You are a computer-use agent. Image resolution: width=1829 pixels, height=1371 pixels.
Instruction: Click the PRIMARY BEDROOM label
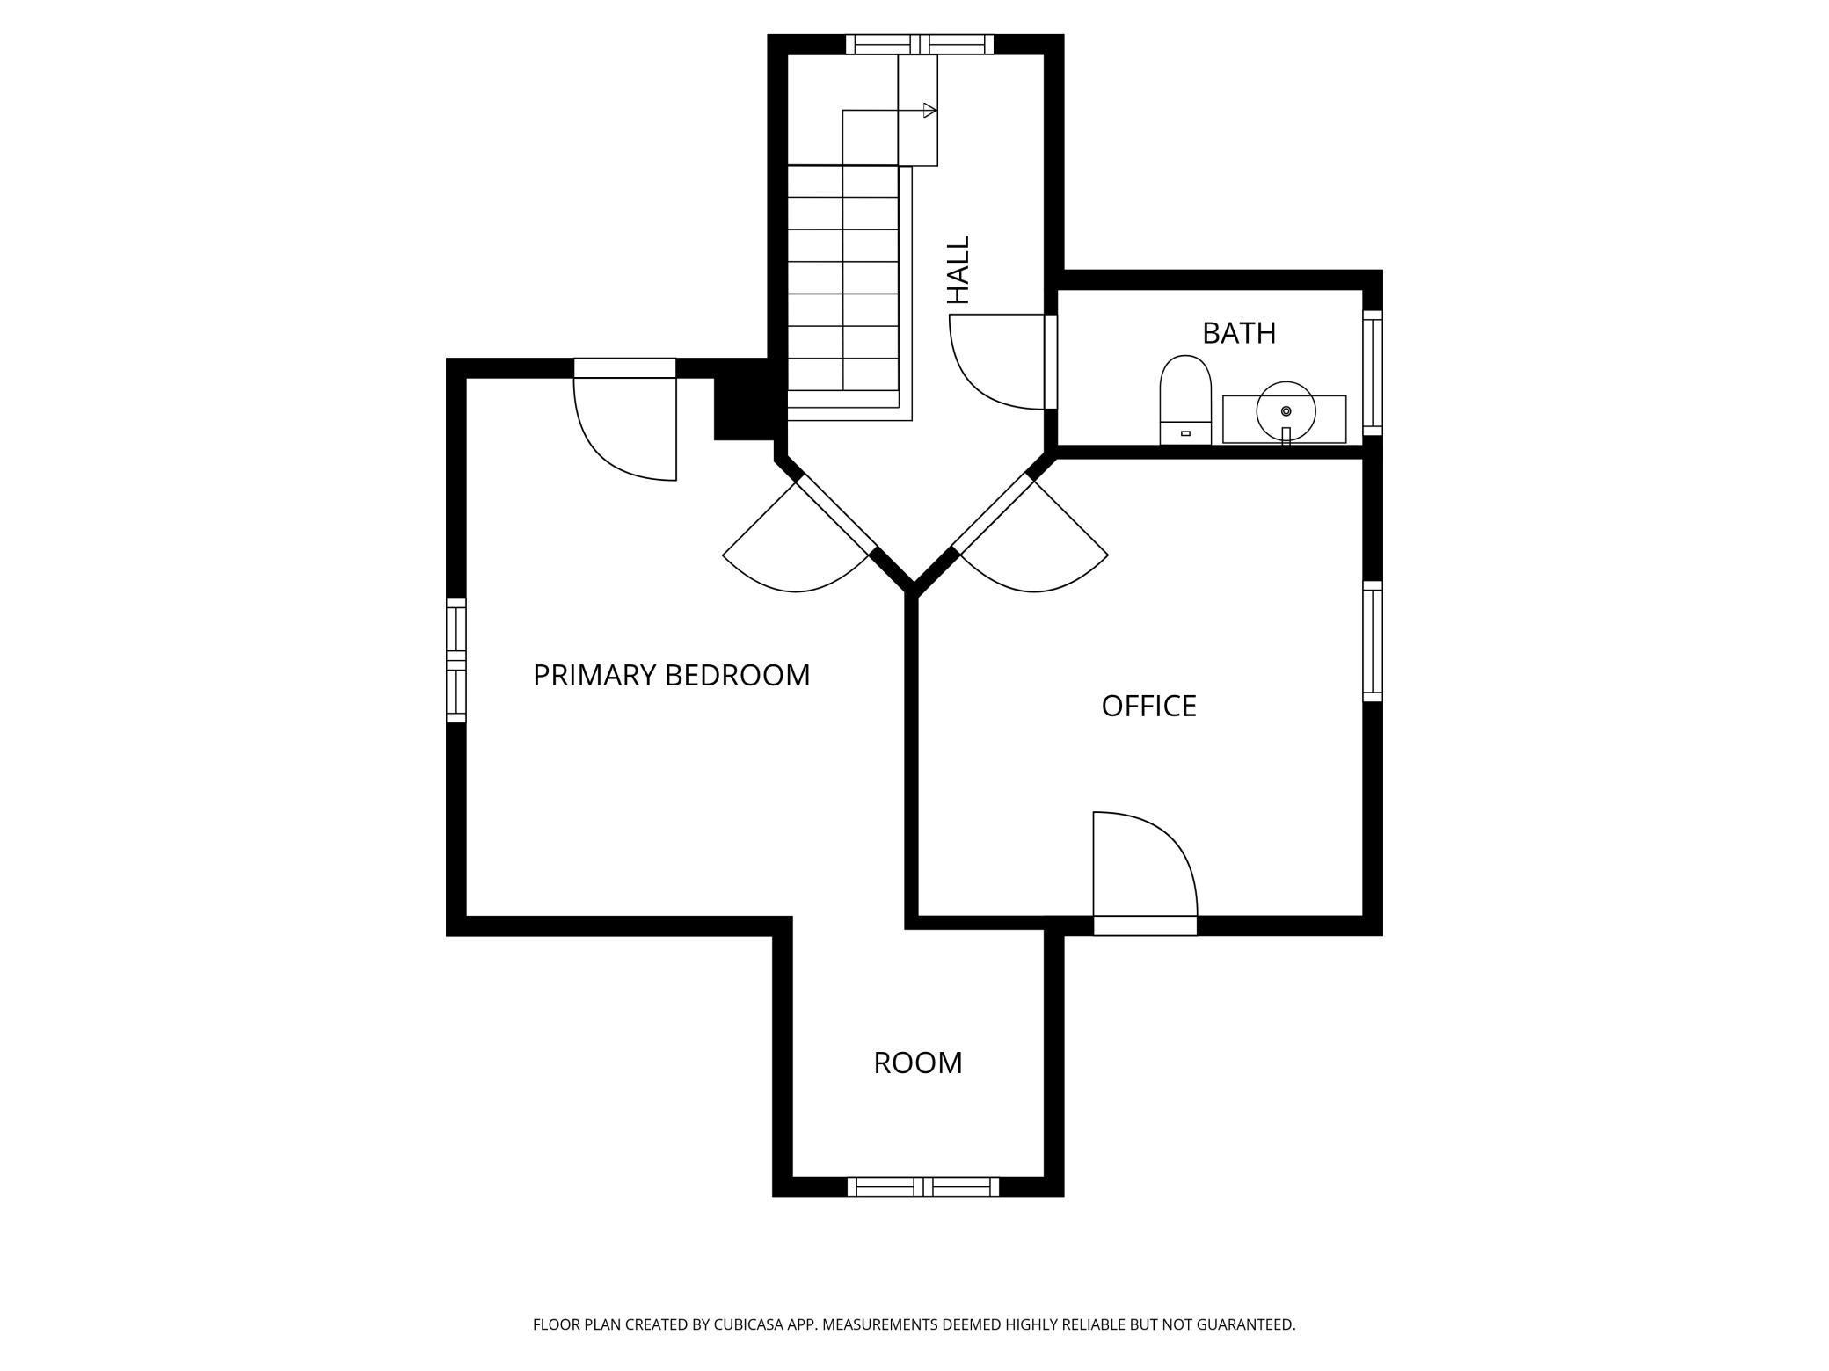[x=671, y=675]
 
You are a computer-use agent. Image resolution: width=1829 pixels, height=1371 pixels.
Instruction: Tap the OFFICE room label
[x=1148, y=706]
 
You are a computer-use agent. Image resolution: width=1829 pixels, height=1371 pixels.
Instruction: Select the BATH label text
[x=1238, y=333]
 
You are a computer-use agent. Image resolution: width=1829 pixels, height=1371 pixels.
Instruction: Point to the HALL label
[x=958, y=270]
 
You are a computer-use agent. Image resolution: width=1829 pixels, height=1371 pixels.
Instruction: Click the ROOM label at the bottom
[x=917, y=1063]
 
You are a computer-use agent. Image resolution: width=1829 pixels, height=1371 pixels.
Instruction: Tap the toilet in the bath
[x=1185, y=400]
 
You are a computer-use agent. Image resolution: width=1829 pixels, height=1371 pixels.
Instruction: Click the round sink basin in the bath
[x=1286, y=410]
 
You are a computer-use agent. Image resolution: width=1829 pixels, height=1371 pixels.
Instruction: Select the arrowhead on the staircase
[x=929, y=111]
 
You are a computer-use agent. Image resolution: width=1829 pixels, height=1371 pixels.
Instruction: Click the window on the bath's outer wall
[x=1372, y=373]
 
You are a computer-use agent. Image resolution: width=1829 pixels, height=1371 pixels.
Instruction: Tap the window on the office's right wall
[x=1372, y=641]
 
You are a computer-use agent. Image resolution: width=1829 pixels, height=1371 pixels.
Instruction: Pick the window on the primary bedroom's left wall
[x=455, y=660]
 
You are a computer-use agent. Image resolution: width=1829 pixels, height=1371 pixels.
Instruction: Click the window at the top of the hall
[x=919, y=44]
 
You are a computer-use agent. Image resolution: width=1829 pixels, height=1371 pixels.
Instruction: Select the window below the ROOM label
[x=922, y=1186]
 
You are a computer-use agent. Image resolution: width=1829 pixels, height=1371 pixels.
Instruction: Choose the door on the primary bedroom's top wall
[x=624, y=419]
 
